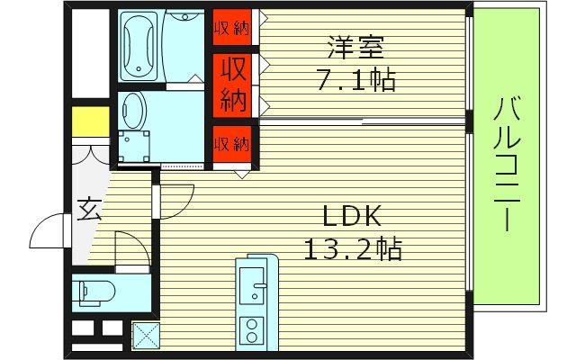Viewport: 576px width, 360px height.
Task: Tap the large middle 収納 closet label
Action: click(232, 83)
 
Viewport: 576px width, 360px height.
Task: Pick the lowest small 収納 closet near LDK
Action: click(232, 143)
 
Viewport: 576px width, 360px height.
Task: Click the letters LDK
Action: click(354, 216)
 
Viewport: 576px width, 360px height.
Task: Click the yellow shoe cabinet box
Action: click(90, 120)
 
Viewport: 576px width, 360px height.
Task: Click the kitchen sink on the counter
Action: click(258, 288)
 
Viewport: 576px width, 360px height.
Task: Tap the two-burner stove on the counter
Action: click(252, 328)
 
